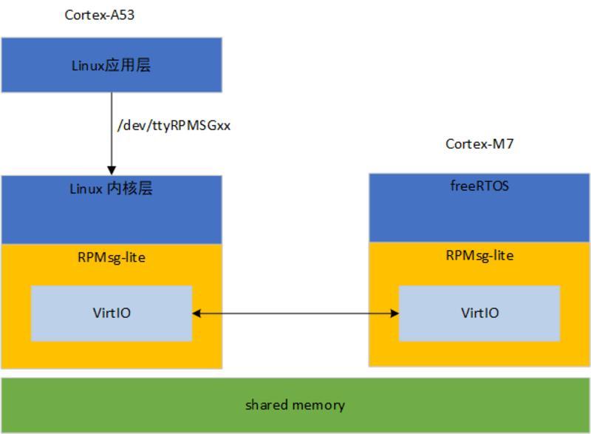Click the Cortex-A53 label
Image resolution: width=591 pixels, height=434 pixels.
[100, 15]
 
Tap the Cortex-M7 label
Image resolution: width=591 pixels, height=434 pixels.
[479, 143]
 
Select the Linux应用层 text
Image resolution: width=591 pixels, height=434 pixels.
[111, 65]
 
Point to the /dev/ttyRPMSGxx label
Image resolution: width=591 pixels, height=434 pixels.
[174, 125]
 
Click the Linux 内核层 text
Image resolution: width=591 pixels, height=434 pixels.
[111, 189]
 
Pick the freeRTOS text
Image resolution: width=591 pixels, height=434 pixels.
[479, 186]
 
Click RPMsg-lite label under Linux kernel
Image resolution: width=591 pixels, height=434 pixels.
[111, 257]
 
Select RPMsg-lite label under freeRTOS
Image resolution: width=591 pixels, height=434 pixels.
[479, 255]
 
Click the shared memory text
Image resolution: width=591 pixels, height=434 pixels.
[295, 404]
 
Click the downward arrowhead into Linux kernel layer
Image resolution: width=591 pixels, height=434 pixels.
[112, 171]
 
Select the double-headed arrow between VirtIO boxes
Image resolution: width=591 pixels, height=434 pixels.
[295, 313]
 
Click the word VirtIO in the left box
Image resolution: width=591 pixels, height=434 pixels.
[111, 313]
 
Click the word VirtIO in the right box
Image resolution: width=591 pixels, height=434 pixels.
[479, 313]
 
